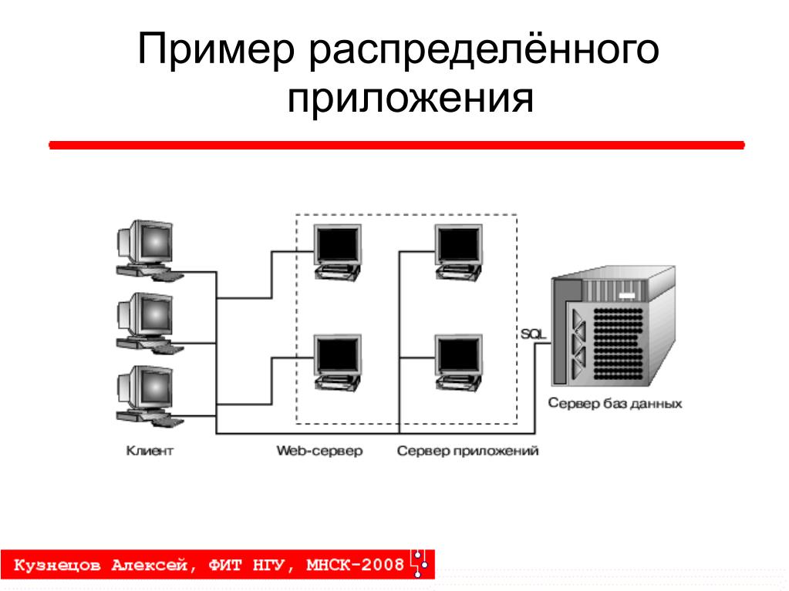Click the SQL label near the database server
pos(533,333)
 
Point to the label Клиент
pos(150,451)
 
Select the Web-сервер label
pos(319,451)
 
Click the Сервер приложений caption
pos(467,451)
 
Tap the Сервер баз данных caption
pos(615,403)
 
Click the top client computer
pos(147,248)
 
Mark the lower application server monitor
pos(458,361)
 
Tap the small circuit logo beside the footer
pos(420,563)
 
